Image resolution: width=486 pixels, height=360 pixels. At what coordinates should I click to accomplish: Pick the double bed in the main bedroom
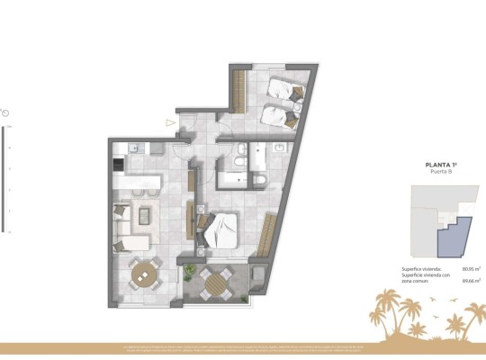point(220,229)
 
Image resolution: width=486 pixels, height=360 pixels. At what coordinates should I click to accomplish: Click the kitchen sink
point(132,148)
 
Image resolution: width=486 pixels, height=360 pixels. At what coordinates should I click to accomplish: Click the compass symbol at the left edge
point(6,112)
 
